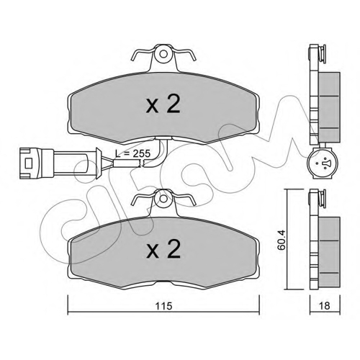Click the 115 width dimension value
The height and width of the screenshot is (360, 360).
(163, 306)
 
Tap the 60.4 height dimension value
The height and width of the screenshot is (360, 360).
(281, 240)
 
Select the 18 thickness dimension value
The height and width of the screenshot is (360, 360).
(325, 306)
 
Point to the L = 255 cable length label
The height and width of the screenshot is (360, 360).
(132, 153)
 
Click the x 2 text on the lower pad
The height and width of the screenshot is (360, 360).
(163, 249)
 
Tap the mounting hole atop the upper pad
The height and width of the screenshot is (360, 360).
(163, 54)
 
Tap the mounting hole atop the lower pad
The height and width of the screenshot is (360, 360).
(163, 199)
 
